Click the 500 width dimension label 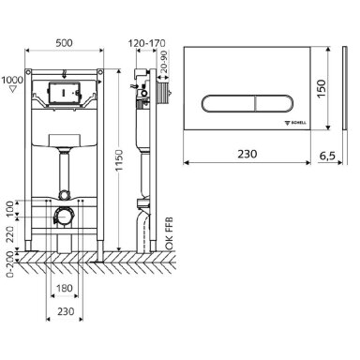(x=64, y=43)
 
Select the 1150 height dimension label (x=119, y=160)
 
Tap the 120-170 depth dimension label (x=146, y=43)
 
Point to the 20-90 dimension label (x=164, y=62)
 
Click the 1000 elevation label (x=12, y=80)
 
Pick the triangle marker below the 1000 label (x=13, y=89)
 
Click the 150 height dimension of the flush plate (x=322, y=89)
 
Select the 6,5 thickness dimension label (x=327, y=156)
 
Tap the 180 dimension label (x=64, y=288)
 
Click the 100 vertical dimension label (x=10, y=209)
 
